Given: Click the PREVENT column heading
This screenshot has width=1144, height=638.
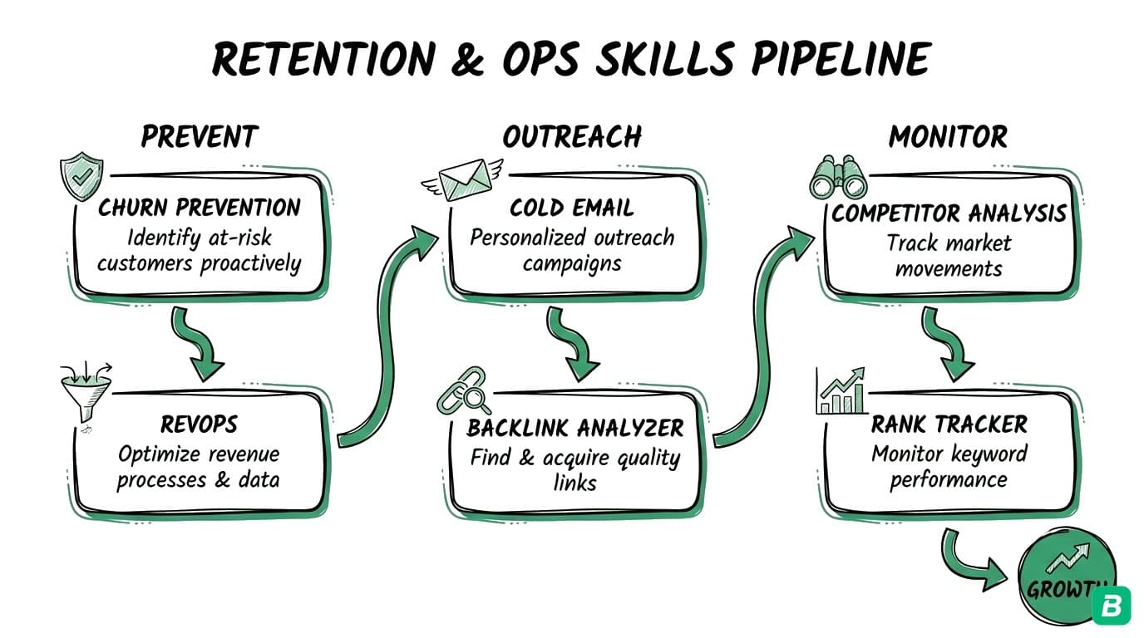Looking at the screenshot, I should (x=200, y=136).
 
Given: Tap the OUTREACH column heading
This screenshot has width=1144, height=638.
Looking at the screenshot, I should (x=572, y=136).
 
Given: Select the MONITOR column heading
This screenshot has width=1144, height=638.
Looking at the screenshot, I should (x=948, y=136).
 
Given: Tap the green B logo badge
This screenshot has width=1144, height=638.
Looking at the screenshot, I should (x=1111, y=607).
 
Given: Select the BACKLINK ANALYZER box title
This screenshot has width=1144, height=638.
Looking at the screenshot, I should (x=574, y=428).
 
